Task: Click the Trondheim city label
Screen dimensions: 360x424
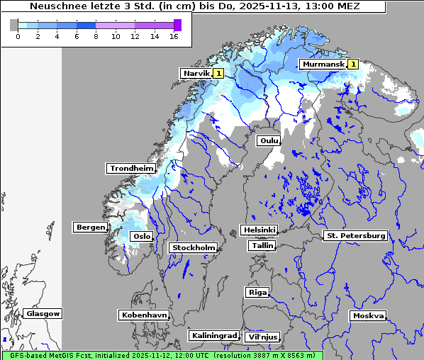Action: point(131,169)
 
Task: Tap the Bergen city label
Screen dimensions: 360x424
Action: point(90,227)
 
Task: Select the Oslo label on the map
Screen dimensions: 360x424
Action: point(141,237)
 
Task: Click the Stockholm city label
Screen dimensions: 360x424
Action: point(193,248)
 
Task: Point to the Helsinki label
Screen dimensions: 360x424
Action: point(259,230)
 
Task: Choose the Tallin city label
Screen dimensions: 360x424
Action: point(262,246)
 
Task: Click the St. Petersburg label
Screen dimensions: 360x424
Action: point(355,235)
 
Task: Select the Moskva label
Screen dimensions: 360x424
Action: point(368,316)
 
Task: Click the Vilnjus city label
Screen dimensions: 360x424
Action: point(262,337)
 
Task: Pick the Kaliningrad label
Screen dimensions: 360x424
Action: point(213,336)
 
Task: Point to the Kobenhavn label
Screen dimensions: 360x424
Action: point(144,315)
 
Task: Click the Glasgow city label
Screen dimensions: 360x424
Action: point(43,314)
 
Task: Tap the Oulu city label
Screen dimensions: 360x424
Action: point(269,141)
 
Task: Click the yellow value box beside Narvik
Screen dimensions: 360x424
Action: point(219,73)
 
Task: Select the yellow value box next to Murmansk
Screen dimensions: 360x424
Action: point(353,64)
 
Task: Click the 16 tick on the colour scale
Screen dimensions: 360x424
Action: point(173,35)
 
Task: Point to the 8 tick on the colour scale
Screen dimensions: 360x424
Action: point(96,35)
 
